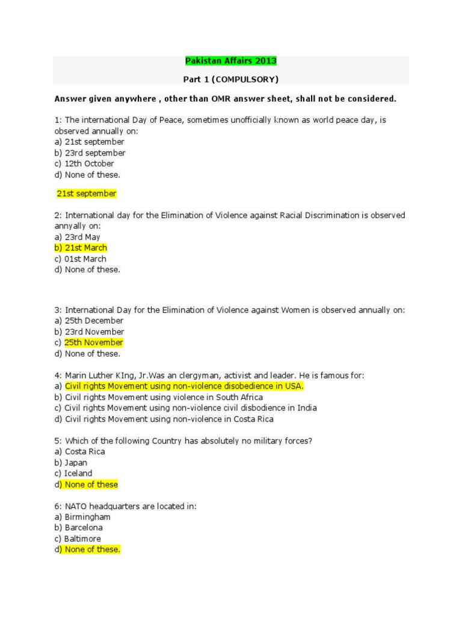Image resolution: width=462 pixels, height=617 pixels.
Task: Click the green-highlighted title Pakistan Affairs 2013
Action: pyautogui.click(x=231, y=61)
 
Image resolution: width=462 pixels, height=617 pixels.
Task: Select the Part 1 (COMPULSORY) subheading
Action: pyautogui.click(x=231, y=79)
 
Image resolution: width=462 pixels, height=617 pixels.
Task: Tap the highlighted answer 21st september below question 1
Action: pyautogui.click(x=86, y=194)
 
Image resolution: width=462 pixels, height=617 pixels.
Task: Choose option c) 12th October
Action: pyautogui.click(x=84, y=163)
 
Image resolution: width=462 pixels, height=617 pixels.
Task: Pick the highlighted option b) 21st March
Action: pyautogui.click(x=81, y=248)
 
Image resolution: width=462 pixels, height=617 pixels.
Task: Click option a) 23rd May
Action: pyautogui.click(x=77, y=237)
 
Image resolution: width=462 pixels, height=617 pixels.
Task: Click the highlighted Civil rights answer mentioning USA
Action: pyautogui.click(x=184, y=386)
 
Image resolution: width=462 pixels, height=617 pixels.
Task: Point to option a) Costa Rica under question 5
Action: pyautogui.click(x=79, y=451)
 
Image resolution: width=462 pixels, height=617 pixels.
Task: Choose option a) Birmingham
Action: pyautogui.click(x=82, y=517)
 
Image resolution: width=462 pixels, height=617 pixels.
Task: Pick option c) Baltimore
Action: pyautogui.click(x=78, y=539)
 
